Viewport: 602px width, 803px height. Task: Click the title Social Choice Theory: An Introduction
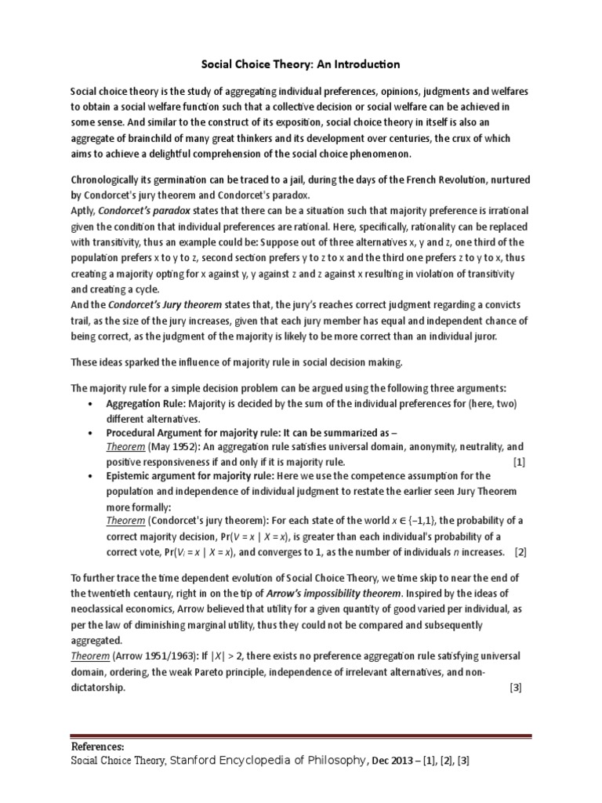[x=301, y=64]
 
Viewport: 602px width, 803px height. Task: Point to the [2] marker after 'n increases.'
[x=519, y=552]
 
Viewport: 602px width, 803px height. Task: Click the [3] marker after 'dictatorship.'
[x=514, y=688]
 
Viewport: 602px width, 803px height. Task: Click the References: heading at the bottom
[x=98, y=747]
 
